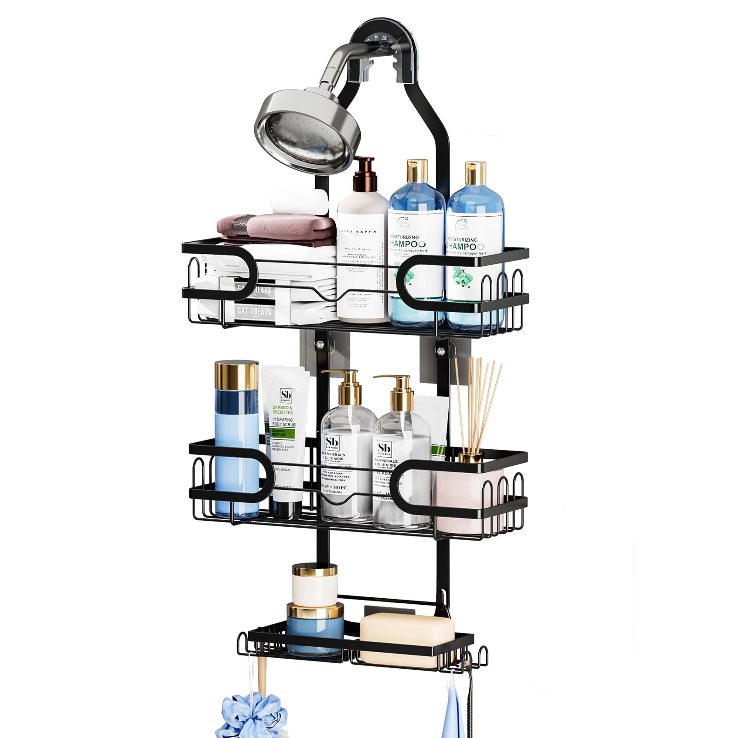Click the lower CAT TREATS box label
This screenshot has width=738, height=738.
click(254, 311)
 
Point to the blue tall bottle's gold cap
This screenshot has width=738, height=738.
click(236, 376)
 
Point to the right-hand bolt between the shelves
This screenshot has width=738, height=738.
click(440, 350)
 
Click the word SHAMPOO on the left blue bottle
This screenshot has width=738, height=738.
click(408, 244)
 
